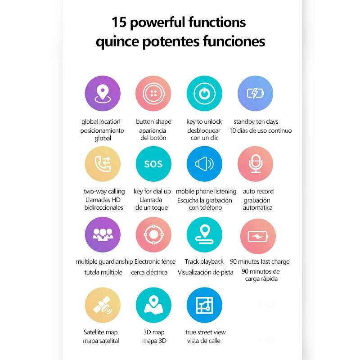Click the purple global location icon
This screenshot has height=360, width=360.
click(103, 94)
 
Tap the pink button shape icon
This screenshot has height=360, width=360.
click(153, 94)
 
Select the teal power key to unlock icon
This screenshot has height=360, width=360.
click(204, 94)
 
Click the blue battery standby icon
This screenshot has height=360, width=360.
click(255, 94)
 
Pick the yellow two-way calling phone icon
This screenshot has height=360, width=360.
click(103, 163)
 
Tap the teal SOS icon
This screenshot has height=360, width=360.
click(153, 163)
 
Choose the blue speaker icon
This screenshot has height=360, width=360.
click(204, 163)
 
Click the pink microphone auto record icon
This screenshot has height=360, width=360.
click(255, 163)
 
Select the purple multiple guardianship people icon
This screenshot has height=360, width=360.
click(103, 234)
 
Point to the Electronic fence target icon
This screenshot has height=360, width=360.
click(153, 234)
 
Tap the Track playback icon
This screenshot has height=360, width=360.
click(204, 234)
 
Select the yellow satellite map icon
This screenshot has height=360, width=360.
click(103, 305)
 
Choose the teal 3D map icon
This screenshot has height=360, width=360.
click(153, 305)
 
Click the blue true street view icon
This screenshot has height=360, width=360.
click(204, 305)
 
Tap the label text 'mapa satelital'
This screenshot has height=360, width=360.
click(101, 341)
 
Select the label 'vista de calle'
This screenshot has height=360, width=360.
click(204, 341)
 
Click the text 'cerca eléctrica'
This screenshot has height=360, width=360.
click(149, 272)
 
